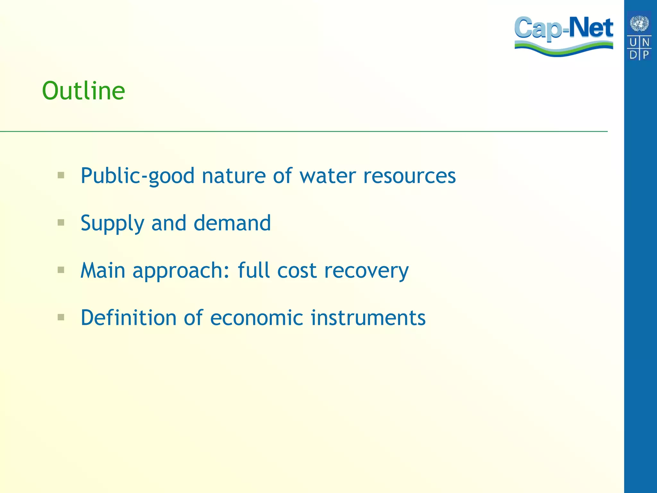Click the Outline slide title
tap(83, 91)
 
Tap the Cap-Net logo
tap(564, 36)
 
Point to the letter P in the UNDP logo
tap(646, 55)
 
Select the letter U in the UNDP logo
tap(633, 42)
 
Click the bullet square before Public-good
tap(61, 175)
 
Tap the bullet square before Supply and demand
tap(61, 222)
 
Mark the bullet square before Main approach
tap(61, 270)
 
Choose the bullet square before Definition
tap(61, 317)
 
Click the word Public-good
tap(137, 176)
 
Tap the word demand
tap(232, 223)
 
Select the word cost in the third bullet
tap(297, 271)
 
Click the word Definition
tap(128, 318)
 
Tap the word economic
tap(257, 318)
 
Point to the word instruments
tap(368, 318)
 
